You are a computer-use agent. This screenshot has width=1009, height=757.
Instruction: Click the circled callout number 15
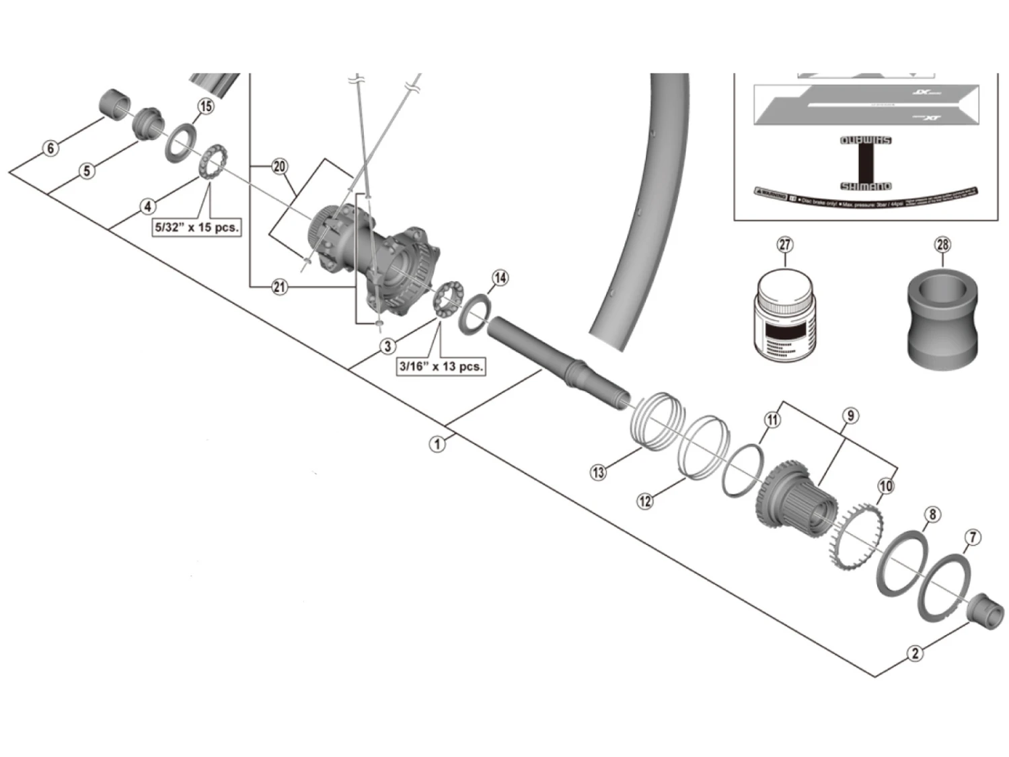pos(206,106)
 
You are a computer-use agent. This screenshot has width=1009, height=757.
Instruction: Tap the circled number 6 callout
pos(51,147)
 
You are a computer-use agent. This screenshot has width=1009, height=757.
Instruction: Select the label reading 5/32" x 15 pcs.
pos(196,227)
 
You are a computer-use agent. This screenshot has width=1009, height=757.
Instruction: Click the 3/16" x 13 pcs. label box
pos(441,367)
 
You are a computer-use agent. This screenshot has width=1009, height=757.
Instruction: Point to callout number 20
pos(280,166)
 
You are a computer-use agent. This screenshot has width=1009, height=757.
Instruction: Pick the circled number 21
pos(280,287)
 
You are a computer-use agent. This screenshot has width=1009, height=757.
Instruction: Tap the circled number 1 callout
pos(438,444)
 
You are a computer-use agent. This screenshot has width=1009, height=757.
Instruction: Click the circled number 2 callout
pos(915,653)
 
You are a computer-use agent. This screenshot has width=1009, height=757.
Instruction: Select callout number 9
pos(850,416)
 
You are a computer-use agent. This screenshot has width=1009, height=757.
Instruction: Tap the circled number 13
pos(598,472)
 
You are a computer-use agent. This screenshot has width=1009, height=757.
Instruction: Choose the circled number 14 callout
pos(500,278)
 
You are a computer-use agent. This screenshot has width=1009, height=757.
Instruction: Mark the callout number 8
pos(932,515)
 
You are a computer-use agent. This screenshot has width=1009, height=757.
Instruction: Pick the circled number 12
pos(645,501)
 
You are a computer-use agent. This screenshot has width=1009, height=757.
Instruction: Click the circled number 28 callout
pos(942,244)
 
